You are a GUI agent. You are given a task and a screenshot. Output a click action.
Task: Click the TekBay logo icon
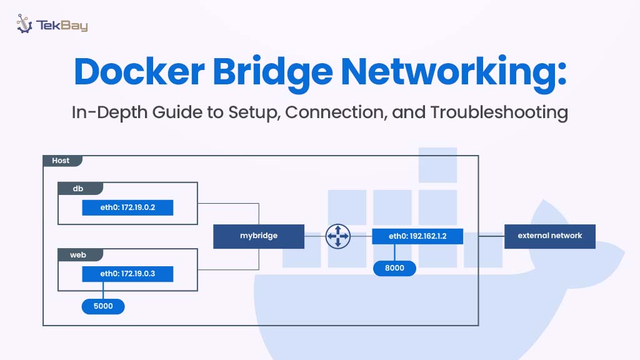pos(24,24)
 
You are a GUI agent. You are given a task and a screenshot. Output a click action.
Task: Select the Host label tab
pos(61,161)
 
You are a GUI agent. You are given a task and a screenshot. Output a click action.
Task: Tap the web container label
pos(79,256)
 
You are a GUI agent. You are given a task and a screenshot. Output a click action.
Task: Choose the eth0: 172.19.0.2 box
pos(127,208)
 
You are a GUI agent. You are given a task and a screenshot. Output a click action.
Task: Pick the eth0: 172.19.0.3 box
pos(127,274)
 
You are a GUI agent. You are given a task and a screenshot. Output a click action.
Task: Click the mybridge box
pos(259,236)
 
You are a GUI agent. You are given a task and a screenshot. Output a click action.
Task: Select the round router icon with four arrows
pos(338,236)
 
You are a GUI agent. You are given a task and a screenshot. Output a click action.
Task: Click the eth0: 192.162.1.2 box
pos(417,236)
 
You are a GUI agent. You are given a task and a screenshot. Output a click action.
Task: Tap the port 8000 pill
pos(394,268)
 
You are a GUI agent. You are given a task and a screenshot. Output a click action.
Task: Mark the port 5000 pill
pos(103,307)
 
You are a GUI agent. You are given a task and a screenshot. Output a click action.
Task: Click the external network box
pos(550,236)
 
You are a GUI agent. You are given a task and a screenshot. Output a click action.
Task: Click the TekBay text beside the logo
pos(62,26)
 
